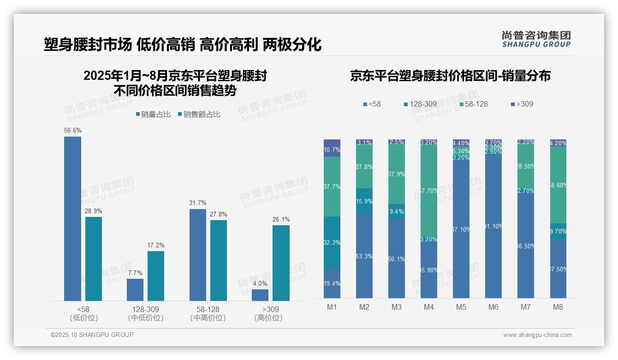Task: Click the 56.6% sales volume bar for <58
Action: pos(72,219)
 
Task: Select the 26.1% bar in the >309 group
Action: pos(281,263)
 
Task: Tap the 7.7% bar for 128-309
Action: pos(135,290)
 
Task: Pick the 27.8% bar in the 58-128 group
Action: pos(219,261)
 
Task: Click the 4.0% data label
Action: pos(260,283)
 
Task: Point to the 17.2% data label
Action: pos(156,245)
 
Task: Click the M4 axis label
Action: pos(429,307)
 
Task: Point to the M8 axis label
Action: pos(558,307)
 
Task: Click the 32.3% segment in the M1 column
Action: pos(332,242)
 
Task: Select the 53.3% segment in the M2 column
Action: pos(364,256)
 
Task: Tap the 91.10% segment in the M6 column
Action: pos(493,226)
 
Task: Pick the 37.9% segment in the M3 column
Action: pos(397,174)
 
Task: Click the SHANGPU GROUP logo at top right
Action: pos(536,39)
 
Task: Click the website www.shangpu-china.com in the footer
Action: pos(537,335)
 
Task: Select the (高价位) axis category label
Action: pos(268,318)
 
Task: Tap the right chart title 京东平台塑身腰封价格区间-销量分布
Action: pos(450,76)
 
